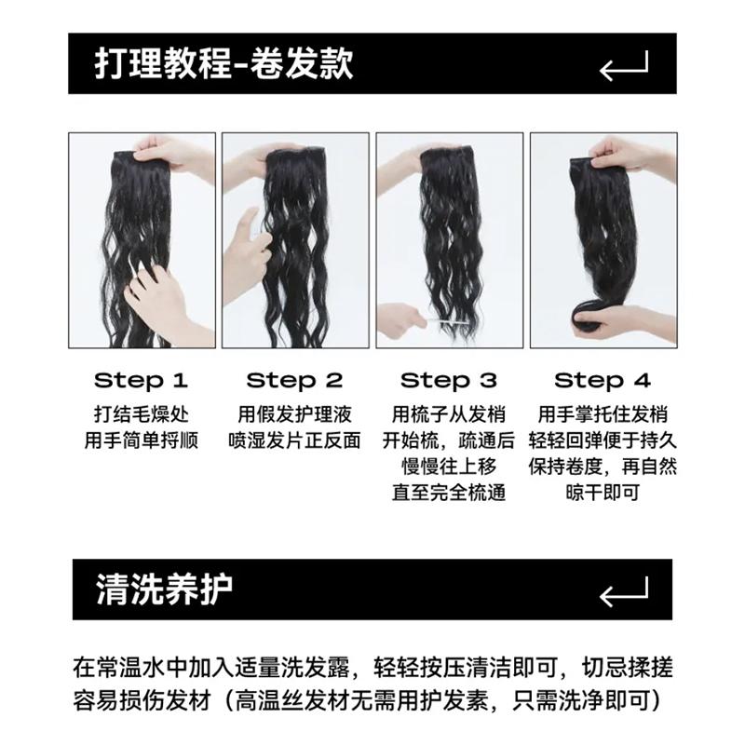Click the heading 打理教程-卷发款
pos(223,63)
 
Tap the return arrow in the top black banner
pos(624,67)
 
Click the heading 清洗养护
pos(165,589)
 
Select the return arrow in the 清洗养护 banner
pos(624,593)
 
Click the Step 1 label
pos(142,381)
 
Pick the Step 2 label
pos(294,381)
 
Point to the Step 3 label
pos(449,381)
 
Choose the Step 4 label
pos(603,381)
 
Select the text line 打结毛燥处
pos(142,414)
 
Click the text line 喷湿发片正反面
pos(294,440)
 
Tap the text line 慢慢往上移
pos(449,467)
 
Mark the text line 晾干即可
pos(603,493)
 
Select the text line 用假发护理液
pos(294,414)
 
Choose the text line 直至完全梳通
pos(449,493)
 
